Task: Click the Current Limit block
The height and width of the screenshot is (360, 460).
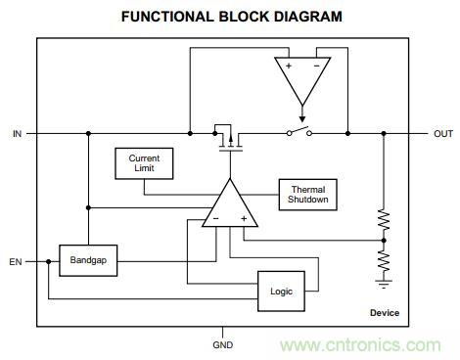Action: click(x=144, y=163)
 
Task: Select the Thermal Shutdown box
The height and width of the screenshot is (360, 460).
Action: click(x=307, y=195)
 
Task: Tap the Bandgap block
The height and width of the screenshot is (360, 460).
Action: click(x=88, y=260)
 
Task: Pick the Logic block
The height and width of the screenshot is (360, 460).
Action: click(x=281, y=292)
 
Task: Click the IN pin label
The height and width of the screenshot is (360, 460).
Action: click(x=17, y=134)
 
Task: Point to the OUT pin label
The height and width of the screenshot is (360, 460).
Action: click(x=443, y=134)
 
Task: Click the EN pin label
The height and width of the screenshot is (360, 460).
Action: click(x=16, y=262)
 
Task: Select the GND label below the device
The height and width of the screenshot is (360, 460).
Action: click(x=223, y=345)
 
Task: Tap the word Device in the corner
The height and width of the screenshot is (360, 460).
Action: click(x=385, y=313)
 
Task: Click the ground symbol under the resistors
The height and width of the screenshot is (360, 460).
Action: click(x=384, y=284)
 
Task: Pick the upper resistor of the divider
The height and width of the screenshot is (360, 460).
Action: click(x=384, y=221)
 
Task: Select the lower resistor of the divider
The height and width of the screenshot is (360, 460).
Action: click(x=384, y=261)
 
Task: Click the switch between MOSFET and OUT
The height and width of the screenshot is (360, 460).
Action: click(x=299, y=131)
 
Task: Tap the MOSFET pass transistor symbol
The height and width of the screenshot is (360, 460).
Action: click(x=228, y=138)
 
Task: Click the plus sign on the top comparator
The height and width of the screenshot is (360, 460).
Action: click(x=289, y=66)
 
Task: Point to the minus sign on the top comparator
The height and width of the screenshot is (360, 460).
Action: click(x=316, y=66)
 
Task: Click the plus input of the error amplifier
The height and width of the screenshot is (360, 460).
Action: click(x=244, y=218)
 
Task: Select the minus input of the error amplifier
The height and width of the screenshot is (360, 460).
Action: click(x=216, y=218)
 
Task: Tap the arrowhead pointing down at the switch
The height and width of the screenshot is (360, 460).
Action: click(x=302, y=119)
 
